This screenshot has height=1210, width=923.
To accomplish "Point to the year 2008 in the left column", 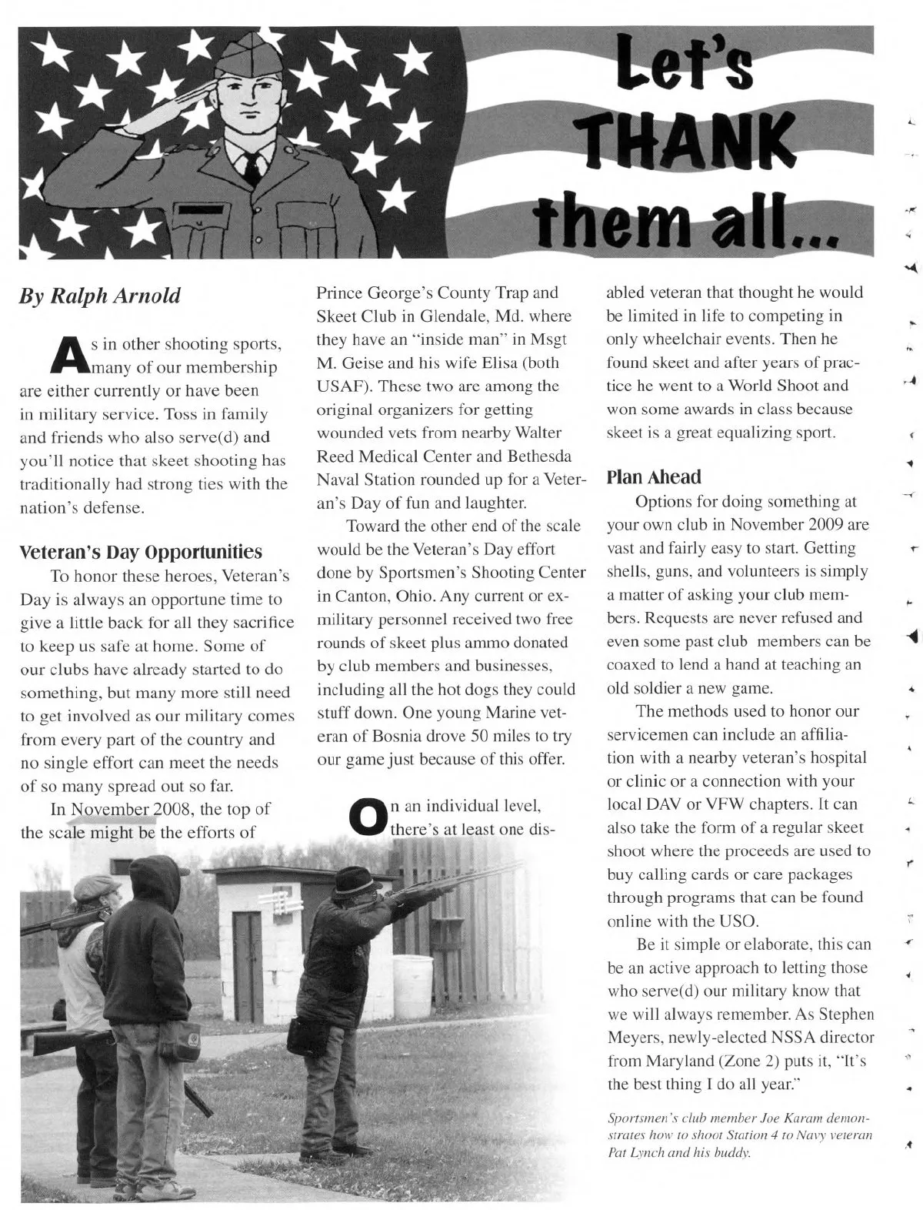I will pos(182,809).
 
